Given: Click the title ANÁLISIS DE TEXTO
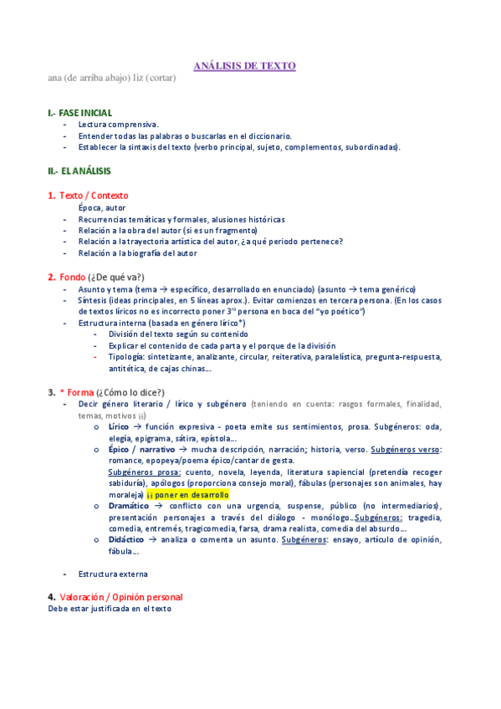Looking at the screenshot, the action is point(244,65).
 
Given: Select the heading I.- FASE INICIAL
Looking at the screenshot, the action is point(80,112).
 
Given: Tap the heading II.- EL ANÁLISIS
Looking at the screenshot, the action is point(79,171).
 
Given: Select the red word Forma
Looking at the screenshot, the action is point(80,392).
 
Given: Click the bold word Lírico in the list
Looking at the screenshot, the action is point(120,426).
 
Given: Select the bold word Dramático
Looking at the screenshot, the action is point(130,506).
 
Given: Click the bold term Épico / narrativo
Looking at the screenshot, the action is point(141,449).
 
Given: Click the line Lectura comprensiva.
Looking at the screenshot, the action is point(118,124).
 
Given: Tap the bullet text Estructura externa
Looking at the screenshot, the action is point(112,574).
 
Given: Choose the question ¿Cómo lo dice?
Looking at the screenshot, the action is point(130,392).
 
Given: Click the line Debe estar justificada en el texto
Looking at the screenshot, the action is point(110,609).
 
